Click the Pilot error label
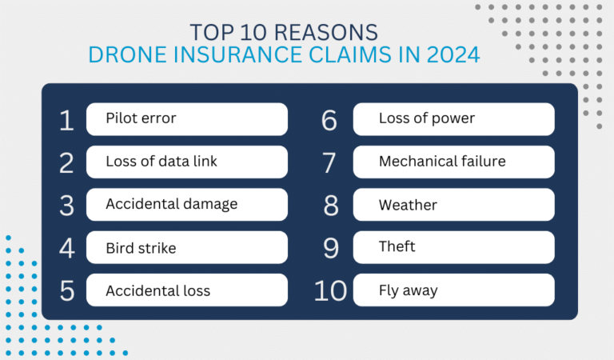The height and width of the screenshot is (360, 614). tap(141, 119)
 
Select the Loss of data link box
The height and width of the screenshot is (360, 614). tap(161, 162)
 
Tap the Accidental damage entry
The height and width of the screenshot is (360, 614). tap(171, 204)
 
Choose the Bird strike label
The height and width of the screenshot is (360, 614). tap(141, 247)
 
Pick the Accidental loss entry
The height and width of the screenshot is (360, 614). tap(157, 290)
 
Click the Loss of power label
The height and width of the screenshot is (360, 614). tap(426, 119)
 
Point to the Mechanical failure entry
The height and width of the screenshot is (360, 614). tap(441, 162)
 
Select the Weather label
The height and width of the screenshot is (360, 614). tap(408, 204)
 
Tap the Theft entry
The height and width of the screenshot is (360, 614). tap(397, 246)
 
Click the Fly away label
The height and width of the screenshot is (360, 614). tap(408, 290)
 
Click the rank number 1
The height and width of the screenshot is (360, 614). tap(66, 120)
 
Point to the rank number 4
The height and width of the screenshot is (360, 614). tap(67, 248)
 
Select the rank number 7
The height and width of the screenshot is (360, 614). tap(330, 162)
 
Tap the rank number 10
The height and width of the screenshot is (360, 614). tap(330, 290)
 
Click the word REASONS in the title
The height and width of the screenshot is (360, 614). tap(336, 33)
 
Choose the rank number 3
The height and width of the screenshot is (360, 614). tap(67, 205)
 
